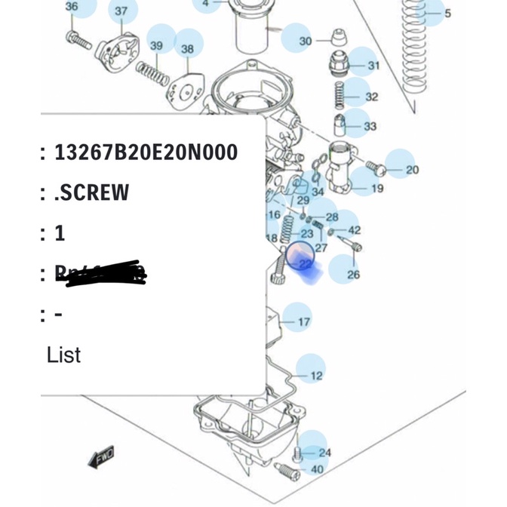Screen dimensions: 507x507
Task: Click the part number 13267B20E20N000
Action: [146, 153]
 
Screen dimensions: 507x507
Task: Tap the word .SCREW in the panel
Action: [92, 192]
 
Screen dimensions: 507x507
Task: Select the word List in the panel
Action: [63, 355]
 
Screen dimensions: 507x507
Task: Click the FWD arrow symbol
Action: [101, 456]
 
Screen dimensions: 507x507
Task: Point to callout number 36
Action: [72, 7]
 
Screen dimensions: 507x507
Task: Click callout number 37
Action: [121, 11]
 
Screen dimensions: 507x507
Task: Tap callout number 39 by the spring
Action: [156, 46]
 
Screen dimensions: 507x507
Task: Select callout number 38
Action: [187, 48]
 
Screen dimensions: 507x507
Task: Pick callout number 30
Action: [305, 41]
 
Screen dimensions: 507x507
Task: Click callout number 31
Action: [374, 66]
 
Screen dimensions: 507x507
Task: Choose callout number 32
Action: [371, 97]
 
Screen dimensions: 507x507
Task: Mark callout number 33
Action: [370, 126]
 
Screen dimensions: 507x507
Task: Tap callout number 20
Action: [412, 170]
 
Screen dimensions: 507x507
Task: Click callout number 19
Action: [377, 188]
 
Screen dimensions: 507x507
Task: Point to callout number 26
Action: [353, 275]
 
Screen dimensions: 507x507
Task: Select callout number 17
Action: [304, 322]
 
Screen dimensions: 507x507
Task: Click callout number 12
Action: [317, 375]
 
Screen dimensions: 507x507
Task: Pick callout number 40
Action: [317, 470]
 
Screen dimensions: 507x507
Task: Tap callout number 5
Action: [447, 13]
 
